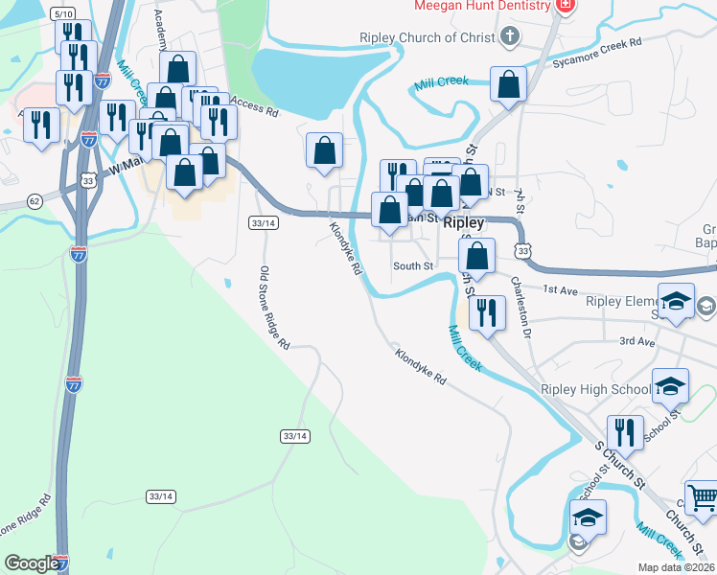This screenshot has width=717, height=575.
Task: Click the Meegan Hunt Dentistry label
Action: [x=482, y=6]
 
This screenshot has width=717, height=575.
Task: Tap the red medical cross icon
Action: [x=566, y=6]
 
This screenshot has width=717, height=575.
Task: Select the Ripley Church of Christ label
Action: [x=428, y=38]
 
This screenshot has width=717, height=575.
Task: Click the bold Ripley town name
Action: [x=465, y=221]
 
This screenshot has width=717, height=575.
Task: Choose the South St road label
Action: [x=413, y=265]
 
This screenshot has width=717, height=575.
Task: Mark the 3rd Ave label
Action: [x=636, y=341]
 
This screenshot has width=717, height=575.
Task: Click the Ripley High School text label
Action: [x=595, y=390]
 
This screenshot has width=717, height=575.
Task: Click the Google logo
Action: [x=32, y=563]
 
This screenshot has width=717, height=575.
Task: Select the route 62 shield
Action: [x=35, y=201]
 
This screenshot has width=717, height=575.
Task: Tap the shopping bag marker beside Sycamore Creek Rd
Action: [x=508, y=84]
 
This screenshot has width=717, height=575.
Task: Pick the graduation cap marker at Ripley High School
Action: [x=670, y=386]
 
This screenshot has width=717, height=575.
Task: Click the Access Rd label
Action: [x=254, y=108]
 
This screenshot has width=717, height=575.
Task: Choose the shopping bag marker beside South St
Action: [x=476, y=256]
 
